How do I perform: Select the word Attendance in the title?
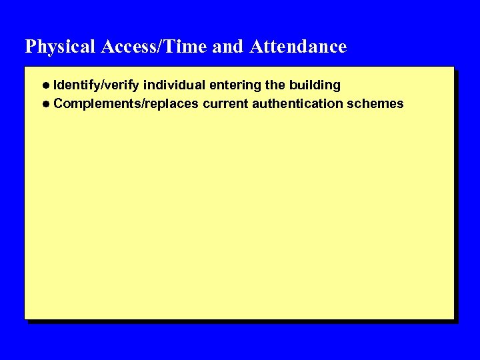[x=298, y=47]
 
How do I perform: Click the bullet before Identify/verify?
[x=45, y=85]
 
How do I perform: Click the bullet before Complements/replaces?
[x=45, y=103]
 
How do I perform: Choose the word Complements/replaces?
[x=126, y=103]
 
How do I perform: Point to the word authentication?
[x=297, y=103]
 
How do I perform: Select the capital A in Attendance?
[x=256, y=47]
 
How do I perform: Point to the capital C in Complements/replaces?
[x=58, y=103]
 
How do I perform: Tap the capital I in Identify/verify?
[x=55, y=85]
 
